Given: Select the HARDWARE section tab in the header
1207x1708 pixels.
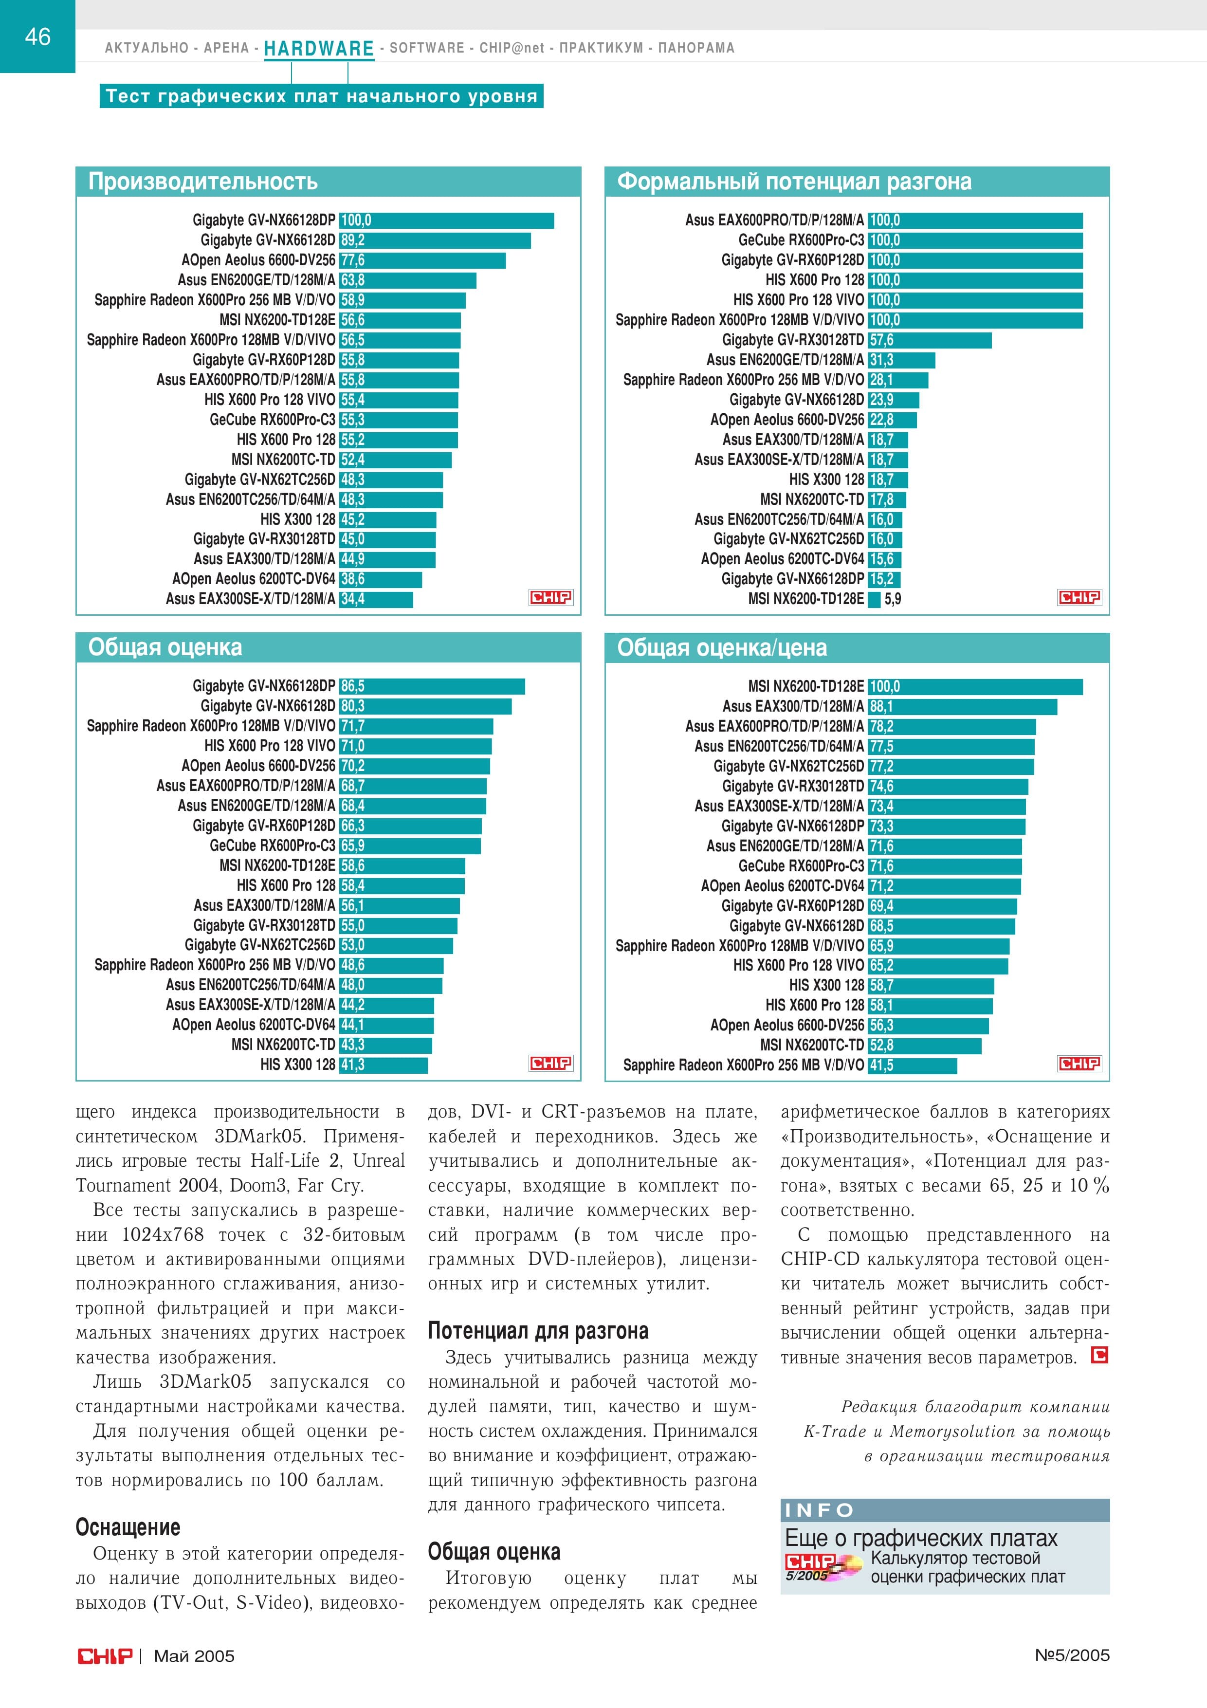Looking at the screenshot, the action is (319, 48).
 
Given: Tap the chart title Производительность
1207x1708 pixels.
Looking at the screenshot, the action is (203, 182).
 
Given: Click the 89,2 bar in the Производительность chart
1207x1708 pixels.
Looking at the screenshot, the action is (435, 240).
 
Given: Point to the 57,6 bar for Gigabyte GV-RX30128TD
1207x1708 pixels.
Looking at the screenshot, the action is (930, 340).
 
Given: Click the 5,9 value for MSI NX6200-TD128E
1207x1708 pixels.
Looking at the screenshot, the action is (893, 599).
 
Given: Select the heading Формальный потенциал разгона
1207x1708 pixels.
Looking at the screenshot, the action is (794, 182).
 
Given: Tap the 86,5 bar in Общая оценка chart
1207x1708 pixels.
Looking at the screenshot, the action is (432, 686).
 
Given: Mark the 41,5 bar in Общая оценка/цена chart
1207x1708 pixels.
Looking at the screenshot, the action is (913, 1065).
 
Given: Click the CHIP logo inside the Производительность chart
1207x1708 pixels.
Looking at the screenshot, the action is (550, 597).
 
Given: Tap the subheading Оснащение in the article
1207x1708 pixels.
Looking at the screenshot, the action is (128, 1527).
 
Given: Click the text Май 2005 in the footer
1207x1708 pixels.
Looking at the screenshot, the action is (194, 1656).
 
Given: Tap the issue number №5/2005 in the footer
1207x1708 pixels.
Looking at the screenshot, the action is (1072, 1655).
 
